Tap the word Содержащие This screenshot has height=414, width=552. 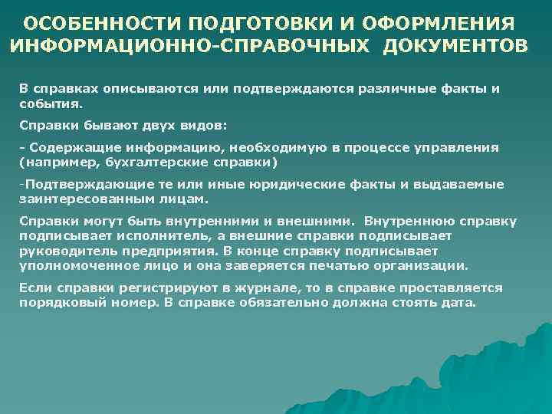click(x=64, y=147)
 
